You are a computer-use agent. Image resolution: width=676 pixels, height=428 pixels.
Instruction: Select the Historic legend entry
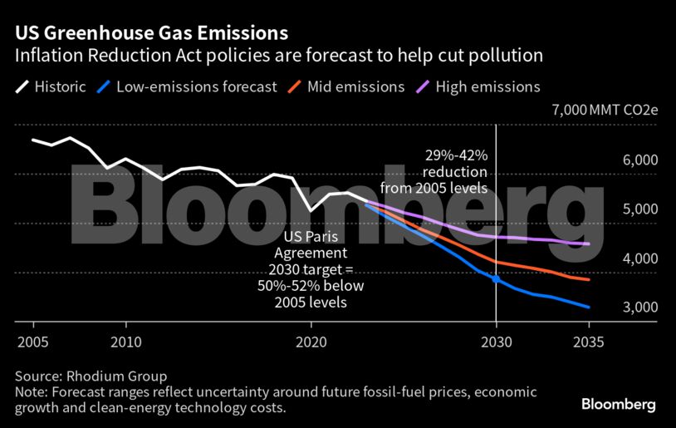point(50,86)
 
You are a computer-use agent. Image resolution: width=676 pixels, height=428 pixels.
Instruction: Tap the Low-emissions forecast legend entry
point(186,86)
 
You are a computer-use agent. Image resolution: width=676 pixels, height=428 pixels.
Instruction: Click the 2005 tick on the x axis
point(33,341)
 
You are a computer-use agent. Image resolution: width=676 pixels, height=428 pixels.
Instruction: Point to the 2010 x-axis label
point(125,341)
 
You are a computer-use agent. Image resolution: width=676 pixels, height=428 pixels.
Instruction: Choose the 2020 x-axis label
point(311,341)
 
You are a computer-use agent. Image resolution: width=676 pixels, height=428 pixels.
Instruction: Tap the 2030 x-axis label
point(496,341)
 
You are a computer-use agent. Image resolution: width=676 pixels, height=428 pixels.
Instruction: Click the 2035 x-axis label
point(588,341)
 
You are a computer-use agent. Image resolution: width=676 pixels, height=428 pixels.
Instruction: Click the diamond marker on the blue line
point(496,278)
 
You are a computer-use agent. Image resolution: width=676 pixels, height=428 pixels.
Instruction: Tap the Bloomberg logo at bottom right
point(618,405)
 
